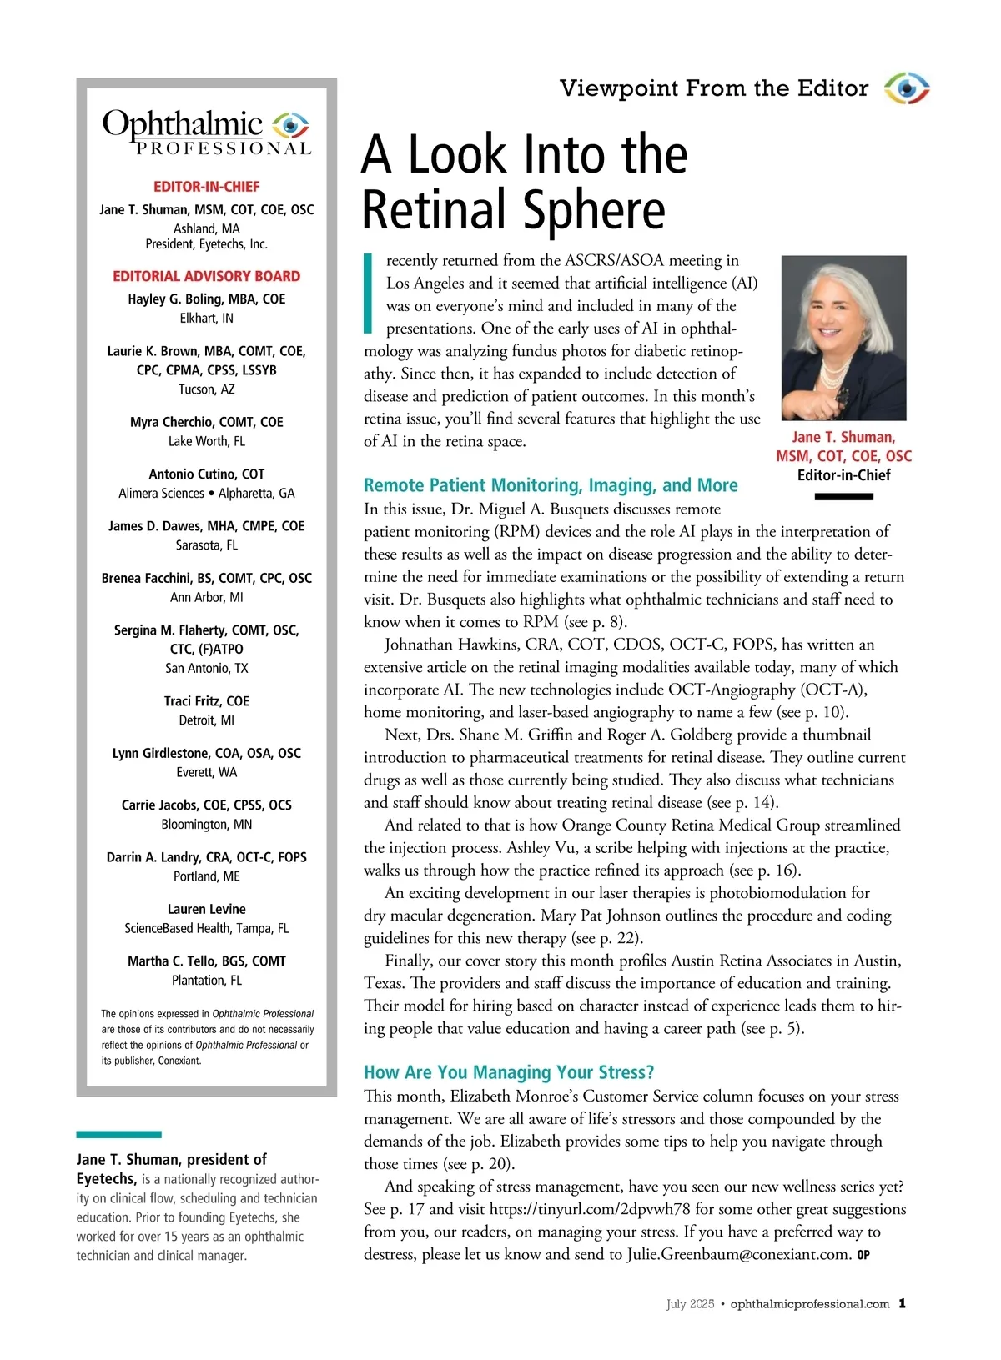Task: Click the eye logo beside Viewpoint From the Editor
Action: tap(907, 88)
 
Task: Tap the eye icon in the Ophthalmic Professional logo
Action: tap(290, 125)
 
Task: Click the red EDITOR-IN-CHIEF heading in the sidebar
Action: tap(206, 187)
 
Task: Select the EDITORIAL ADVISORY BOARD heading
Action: tap(206, 276)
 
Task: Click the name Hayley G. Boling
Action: tap(206, 299)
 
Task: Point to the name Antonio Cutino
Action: tap(206, 474)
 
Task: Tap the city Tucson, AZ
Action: tap(206, 389)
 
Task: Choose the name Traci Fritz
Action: tap(206, 701)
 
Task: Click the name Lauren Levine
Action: tap(206, 909)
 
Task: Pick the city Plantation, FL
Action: tap(206, 981)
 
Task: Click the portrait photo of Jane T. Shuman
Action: tap(843, 337)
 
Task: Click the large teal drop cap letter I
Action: tap(368, 291)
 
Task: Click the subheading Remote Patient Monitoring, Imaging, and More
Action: tap(551, 485)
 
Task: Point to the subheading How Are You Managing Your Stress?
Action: tap(509, 1072)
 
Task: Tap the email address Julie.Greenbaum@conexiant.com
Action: tap(738, 1254)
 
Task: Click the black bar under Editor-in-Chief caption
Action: tap(843, 497)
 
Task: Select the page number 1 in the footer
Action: tap(903, 1304)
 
